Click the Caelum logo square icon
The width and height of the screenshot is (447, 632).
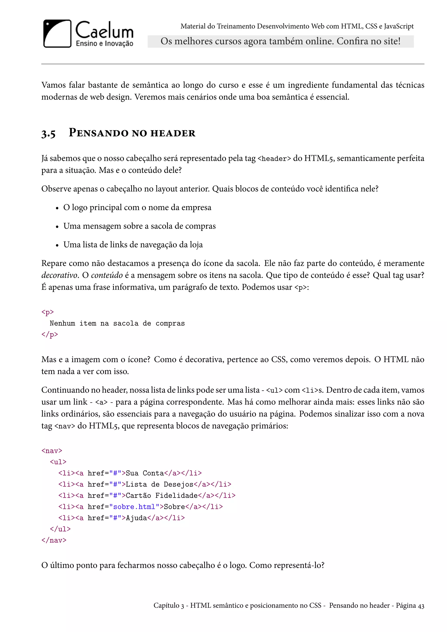click(x=57, y=34)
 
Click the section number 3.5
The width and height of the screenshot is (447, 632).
click(x=48, y=134)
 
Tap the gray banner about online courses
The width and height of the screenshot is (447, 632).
click(x=280, y=41)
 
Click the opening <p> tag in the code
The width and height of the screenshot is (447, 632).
click(x=48, y=312)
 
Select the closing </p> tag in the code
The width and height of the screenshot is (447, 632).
click(x=50, y=335)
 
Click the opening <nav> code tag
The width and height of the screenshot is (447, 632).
click(x=52, y=451)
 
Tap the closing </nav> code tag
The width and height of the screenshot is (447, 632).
click(x=54, y=540)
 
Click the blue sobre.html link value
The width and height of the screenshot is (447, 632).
click(x=134, y=507)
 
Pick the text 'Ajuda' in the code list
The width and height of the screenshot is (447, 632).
click(x=136, y=518)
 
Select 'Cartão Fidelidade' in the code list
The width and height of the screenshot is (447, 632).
click(x=162, y=495)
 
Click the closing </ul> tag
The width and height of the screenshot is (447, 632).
click(x=60, y=529)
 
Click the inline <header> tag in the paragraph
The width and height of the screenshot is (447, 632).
click(x=274, y=159)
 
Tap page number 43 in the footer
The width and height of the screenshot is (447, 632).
click(x=421, y=606)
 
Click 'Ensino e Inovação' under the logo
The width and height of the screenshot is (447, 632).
click(x=104, y=43)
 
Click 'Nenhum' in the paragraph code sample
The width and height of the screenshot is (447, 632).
click(x=62, y=323)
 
